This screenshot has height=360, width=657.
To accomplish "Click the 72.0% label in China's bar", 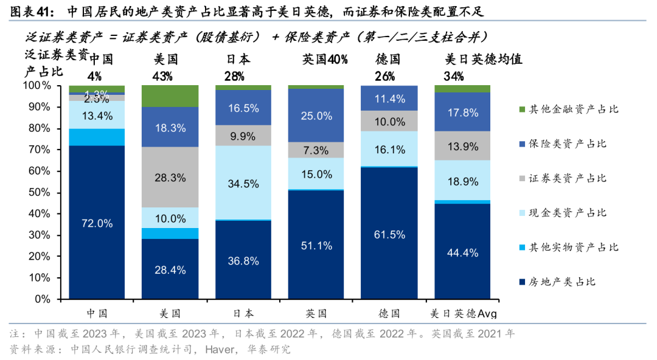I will tap(97, 223).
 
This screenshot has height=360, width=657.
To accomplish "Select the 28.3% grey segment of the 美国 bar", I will tap(170, 177).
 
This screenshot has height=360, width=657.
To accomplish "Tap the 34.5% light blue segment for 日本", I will tap(243, 182).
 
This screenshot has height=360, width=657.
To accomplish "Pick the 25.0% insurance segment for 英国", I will tap(316, 116).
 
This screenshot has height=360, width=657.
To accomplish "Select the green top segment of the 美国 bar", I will tap(170, 95).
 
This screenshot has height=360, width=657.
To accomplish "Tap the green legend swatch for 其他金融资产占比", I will tap(521, 109).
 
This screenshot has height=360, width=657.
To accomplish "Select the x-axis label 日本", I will tap(243, 314).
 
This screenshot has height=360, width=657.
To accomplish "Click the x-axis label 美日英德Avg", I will tap(463, 314).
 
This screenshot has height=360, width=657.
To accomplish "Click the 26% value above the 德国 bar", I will tap(385, 76).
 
